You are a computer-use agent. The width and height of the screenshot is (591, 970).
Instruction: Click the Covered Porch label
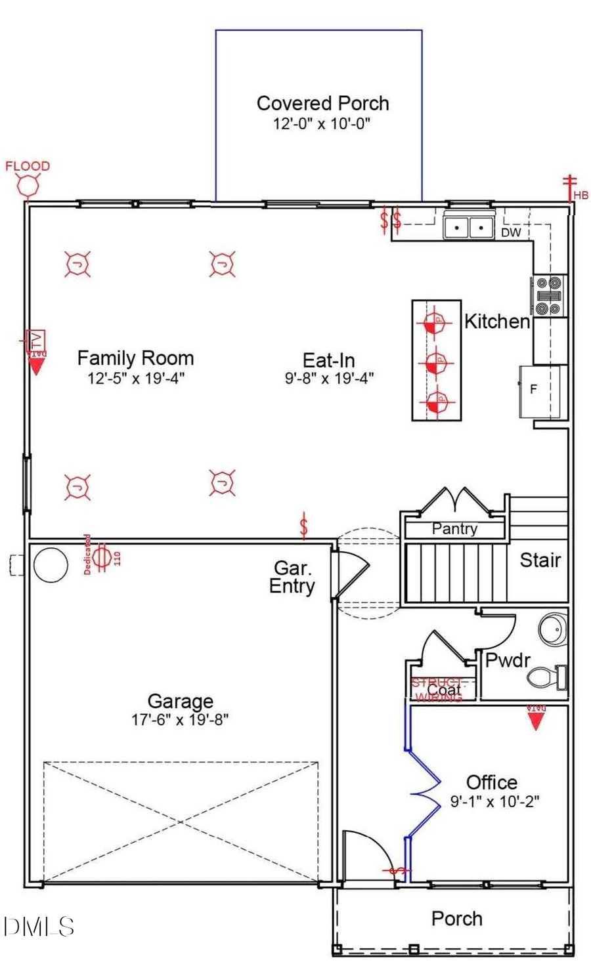pyautogui.click(x=322, y=104)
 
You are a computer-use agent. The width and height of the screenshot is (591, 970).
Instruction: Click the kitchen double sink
pyautogui.click(x=468, y=227)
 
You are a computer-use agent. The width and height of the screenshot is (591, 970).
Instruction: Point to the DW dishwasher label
pyautogui.click(x=511, y=233)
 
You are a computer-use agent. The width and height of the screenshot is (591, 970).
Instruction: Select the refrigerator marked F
pyautogui.click(x=540, y=390)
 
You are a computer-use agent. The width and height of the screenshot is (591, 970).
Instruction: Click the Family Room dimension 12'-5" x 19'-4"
pyautogui.click(x=136, y=379)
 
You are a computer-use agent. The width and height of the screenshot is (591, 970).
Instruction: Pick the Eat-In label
pyautogui.click(x=328, y=360)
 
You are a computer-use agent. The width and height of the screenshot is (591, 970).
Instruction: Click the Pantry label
pyautogui.click(x=454, y=529)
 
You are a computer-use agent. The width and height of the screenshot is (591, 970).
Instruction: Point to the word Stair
pyautogui.click(x=540, y=560)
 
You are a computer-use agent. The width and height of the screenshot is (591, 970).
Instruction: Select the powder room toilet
pyautogui.click(x=547, y=677)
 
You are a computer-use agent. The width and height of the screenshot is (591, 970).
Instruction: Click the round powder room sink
pyautogui.click(x=552, y=629)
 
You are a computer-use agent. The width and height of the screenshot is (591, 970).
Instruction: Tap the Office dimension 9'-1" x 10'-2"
pyautogui.click(x=494, y=801)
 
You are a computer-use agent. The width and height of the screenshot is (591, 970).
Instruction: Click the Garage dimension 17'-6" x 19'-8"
pyautogui.click(x=180, y=719)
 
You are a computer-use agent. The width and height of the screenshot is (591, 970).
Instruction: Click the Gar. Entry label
pyautogui.click(x=292, y=578)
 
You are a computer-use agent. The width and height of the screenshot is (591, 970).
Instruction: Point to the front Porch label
pyautogui.click(x=456, y=919)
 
